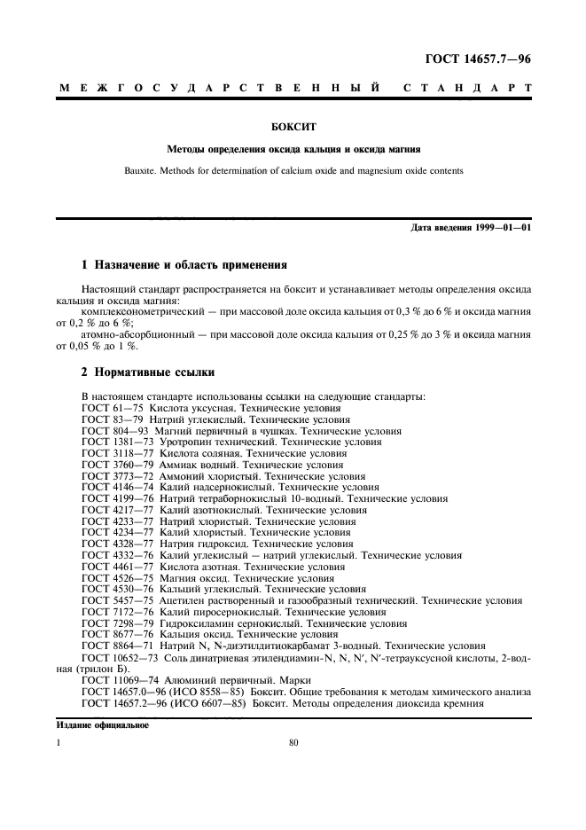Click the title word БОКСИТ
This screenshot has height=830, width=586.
pyautogui.click(x=293, y=128)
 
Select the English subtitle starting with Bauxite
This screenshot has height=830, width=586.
pyautogui.click(x=293, y=171)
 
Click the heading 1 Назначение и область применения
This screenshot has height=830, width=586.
pyautogui.click(x=184, y=264)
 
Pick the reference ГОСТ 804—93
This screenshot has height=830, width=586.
pyautogui.click(x=114, y=430)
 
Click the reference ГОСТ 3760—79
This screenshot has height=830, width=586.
pyautogui.click(x=117, y=465)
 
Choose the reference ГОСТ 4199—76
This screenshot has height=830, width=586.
pyautogui.click(x=117, y=499)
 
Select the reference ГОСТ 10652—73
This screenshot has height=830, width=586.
pyautogui.click(x=121, y=659)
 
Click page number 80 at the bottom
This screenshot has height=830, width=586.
pyautogui.click(x=293, y=745)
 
